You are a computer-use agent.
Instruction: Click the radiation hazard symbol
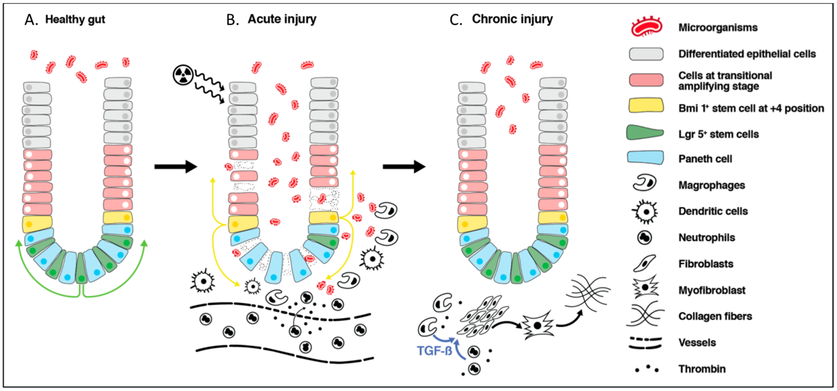[x=183, y=75]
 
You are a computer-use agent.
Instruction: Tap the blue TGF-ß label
[x=434, y=351]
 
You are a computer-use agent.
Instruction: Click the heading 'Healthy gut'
[x=75, y=19]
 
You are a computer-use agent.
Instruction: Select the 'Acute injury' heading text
[x=282, y=19]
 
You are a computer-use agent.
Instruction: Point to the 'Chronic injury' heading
[x=512, y=19]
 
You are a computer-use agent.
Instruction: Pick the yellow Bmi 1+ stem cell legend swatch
[x=646, y=106]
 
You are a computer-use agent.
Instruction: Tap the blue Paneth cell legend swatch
[x=645, y=158]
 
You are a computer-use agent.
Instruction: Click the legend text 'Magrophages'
[x=712, y=185]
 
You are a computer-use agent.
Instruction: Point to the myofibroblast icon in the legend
[x=645, y=287]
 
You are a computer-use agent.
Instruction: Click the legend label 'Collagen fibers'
[x=715, y=316]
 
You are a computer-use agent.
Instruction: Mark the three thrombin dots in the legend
[x=647, y=369]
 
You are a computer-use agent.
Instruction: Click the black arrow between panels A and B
[x=175, y=167]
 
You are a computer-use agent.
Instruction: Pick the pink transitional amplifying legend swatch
[x=646, y=80]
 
